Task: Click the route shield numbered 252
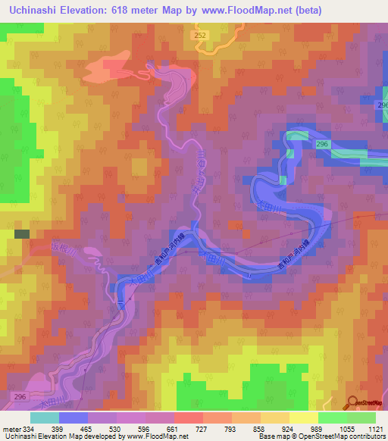[200, 35]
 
